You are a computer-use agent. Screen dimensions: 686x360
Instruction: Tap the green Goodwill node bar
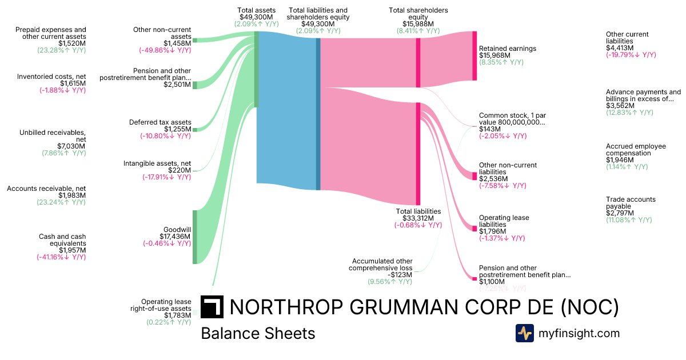pyautogui.click(x=194, y=237)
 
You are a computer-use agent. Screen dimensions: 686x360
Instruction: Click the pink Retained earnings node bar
pyautogui.click(x=474, y=55)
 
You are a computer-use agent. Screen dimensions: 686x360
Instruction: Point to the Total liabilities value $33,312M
pyautogui.click(x=418, y=218)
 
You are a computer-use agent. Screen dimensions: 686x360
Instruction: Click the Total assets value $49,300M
pyautogui.click(x=257, y=17)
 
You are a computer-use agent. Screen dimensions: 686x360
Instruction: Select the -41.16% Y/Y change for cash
pyautogui.click(x=61, y=257)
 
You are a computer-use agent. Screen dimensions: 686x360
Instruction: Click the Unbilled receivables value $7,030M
pyautogui.click(x=71, y=146)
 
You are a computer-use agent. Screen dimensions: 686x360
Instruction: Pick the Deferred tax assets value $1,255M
pyautogui.click(x=177, y=129)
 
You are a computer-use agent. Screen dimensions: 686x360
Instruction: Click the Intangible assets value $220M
pyautogui.click(x=180, y=170)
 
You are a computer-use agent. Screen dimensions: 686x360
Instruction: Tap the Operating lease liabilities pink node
pyautogui.click(x=474, y=228)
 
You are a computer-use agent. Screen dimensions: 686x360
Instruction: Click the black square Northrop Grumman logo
pyautogui.click(x=212, y=307)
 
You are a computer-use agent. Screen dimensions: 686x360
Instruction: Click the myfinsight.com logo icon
pyautogui.click(x=524, y=333)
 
